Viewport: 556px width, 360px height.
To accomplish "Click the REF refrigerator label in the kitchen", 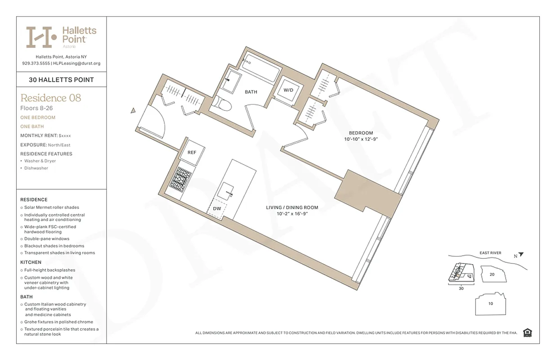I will coord(192,152).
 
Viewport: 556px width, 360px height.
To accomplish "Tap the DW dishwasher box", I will coord(217,209).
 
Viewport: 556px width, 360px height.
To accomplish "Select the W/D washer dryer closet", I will coord(288,90).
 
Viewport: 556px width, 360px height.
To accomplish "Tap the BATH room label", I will coord(251,92).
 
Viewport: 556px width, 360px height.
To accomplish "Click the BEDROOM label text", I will coord(361,133).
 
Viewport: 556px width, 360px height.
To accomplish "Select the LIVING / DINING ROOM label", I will coord(292,207).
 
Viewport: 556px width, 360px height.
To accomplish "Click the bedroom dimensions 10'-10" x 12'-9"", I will coord(361,139).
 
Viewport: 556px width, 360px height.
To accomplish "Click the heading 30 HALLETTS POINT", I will coord(61,80).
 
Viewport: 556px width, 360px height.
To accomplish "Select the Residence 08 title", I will coord(51,98).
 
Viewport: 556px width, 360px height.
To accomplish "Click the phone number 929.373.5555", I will coord(36,63).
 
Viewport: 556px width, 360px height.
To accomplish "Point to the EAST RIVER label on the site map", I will coord(490,253).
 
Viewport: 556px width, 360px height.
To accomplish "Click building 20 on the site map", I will coord(492,274).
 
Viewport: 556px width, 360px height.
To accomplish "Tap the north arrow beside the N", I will coord(521,254).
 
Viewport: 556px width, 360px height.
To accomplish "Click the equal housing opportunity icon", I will coord(528,333).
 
